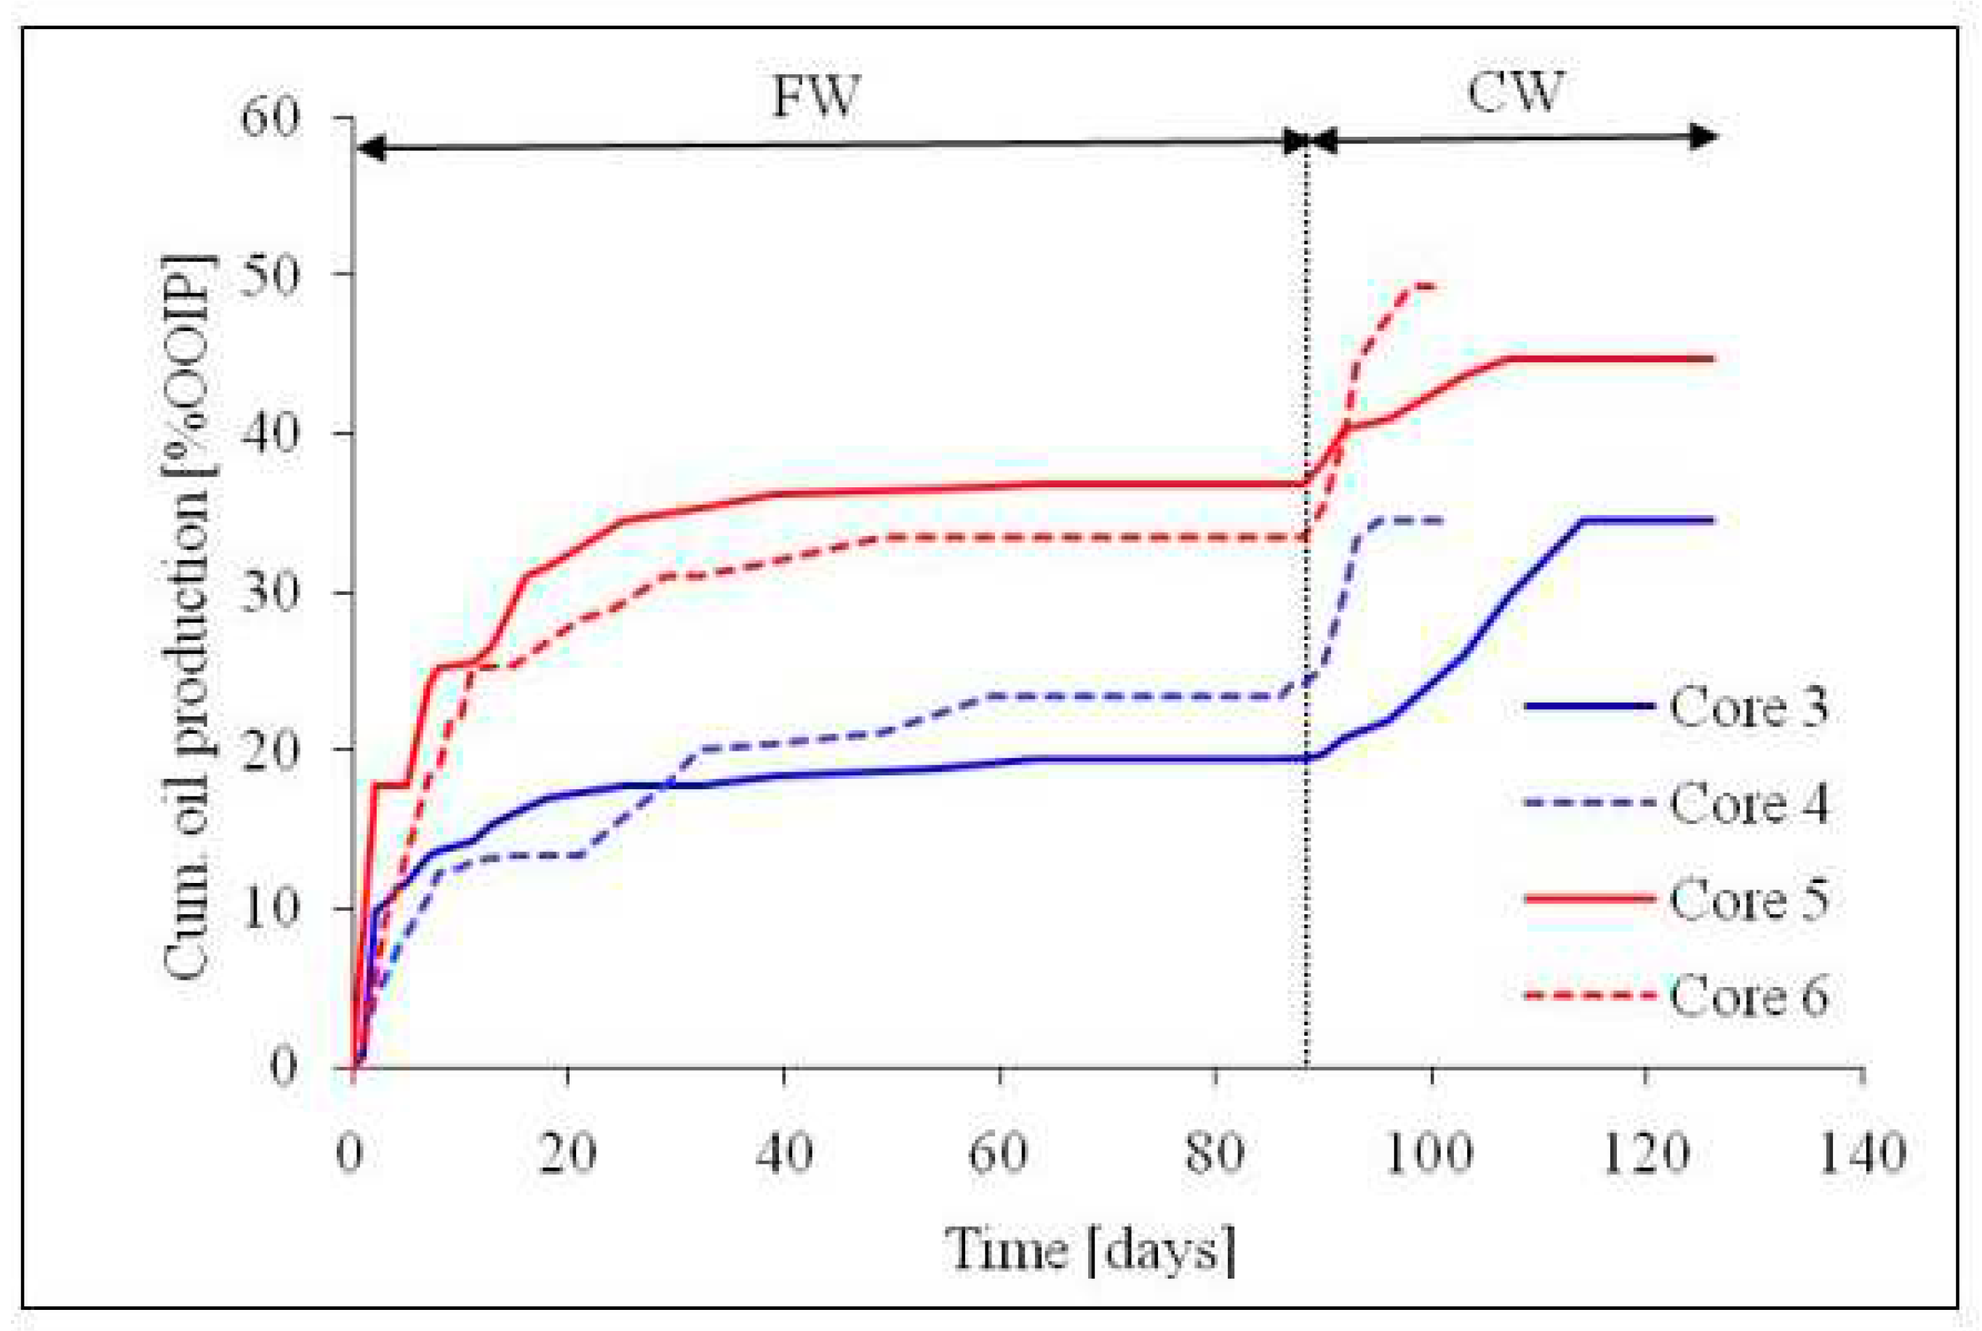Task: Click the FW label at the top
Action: tap(816, 97)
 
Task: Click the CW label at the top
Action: tap(1515, 92)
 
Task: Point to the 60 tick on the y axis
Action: tap(271, 116)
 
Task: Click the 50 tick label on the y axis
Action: tap(271, 274)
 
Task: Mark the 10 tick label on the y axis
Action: tap(271, 909)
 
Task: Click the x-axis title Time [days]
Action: tap(1091, 1250)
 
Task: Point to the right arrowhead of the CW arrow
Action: tap(1706, 136)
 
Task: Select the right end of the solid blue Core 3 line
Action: tap(1713, 519)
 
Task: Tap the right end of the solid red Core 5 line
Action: tap(1713, 359)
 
